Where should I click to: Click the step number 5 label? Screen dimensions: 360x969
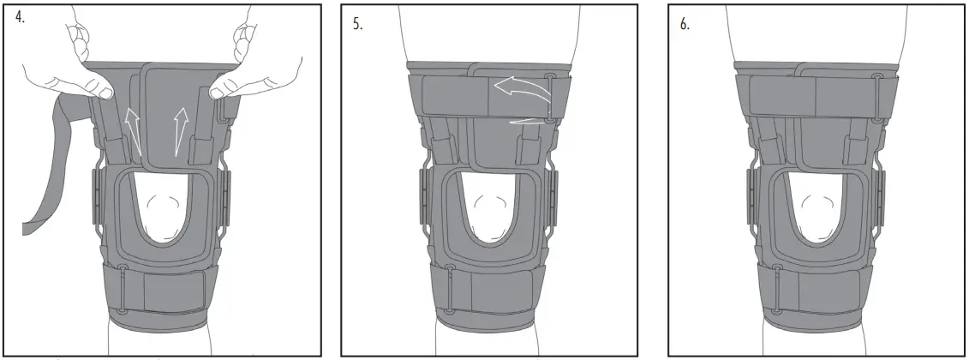tap(357, 24)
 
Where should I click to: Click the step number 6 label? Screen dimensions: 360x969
tap(684, 24)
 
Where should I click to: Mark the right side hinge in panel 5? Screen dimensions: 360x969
tap(553, 197)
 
